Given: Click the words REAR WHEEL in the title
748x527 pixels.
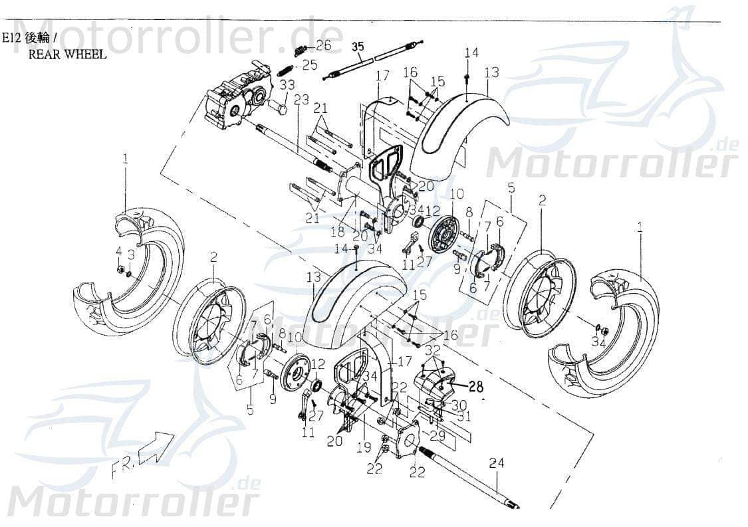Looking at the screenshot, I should [x=66, y=54].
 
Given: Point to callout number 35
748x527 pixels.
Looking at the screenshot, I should [x=358, y=47].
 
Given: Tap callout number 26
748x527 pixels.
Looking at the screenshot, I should [x=323, y=45].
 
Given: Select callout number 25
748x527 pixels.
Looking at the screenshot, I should [x=310, y=64].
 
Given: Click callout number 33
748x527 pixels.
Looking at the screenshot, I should [x=287, y=85].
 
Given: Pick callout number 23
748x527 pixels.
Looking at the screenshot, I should [x=301, y=100].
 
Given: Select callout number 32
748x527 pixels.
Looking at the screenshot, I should [x=432, y=349].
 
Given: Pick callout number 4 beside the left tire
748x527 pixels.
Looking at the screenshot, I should [x=119, y=252].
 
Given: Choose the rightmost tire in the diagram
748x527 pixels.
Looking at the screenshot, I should [x=605, y=332].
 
